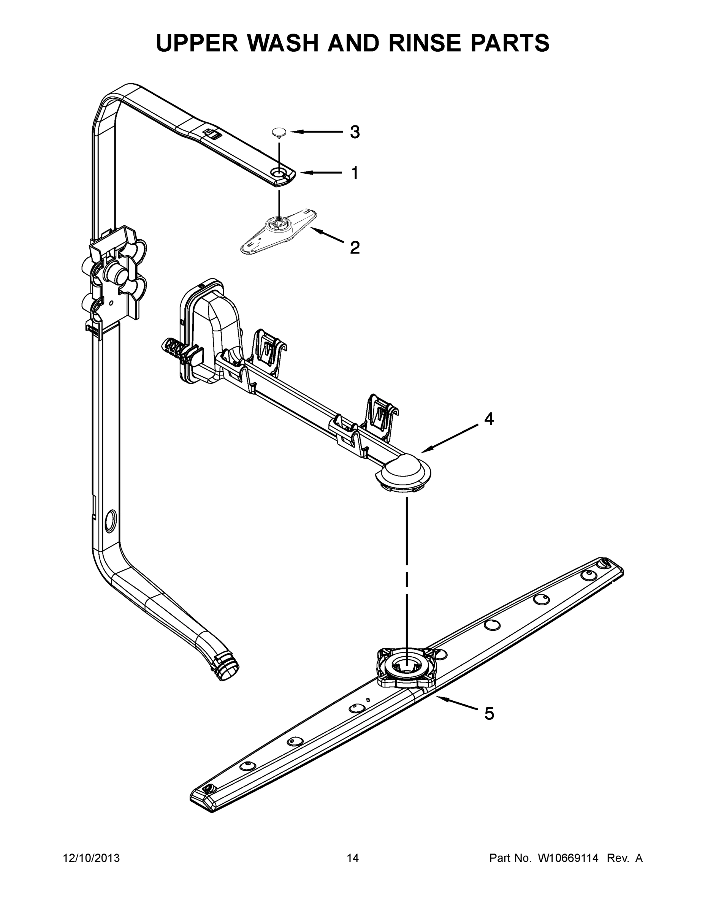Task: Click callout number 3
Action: pyautogui.click(x=355, y=132)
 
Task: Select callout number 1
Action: pyautogui.click(x=355, y=173)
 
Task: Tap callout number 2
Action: pyautogui.click(x=355, y=248)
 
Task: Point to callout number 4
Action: pyautogui.click(x=489, y=419)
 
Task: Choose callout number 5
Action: pyautogui.click(x=489, y=714)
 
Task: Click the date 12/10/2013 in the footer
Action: pyautogui.click(x=91, y=858)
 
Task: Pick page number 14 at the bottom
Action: pyautogui.click(x=353, y=858)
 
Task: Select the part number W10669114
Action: pyautogui.click(x=568, y=858)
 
